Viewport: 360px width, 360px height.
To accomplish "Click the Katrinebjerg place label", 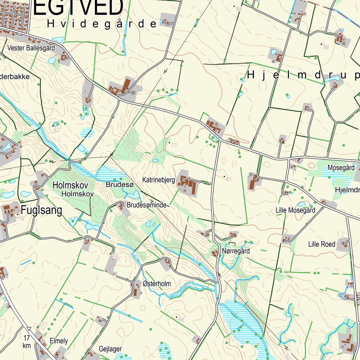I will (159, 180).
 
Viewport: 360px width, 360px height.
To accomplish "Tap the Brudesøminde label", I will (147, 205).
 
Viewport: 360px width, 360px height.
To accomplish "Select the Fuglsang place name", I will (41, 211).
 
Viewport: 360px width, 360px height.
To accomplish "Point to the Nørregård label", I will (236, 251).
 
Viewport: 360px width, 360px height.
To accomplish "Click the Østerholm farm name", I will (156, 284).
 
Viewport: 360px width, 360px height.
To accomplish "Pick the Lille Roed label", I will (322, 244).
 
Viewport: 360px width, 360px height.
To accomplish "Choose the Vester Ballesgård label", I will (31, 48).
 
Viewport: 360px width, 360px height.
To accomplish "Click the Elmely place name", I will (59, 341).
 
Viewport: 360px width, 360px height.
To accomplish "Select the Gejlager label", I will (110, 349).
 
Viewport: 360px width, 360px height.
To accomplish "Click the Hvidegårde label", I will (102, 24).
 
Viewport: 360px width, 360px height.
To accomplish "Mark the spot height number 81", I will (229, 179).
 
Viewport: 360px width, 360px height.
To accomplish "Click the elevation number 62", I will (57, 130).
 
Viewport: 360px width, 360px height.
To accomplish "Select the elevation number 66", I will (181, 320).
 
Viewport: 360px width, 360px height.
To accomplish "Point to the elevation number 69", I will (115, 257).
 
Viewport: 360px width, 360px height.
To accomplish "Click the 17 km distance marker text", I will (27, 342).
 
